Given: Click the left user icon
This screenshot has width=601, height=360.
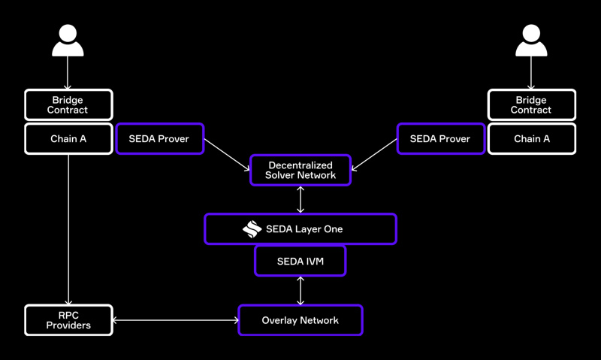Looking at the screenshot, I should pyautogui.click(x=68, y=41).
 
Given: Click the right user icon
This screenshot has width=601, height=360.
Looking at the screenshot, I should pyautogui.click(x=531, y=41).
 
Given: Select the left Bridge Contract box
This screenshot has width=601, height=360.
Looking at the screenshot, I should pyautogui.click(x=68, y=105).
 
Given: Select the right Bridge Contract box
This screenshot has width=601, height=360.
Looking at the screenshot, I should pyautogui.click(x=531, y=105).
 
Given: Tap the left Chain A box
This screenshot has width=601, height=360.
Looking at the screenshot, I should pyautogui.click(x=68, y=139).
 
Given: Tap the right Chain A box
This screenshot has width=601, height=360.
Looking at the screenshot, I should pyautogui.click(x=531, y=139).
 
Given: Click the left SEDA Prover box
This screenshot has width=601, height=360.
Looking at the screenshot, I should pyautogui.click(x=159, y=139).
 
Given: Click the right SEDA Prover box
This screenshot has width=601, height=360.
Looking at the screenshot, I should pyautogui.click(x=440, y=139).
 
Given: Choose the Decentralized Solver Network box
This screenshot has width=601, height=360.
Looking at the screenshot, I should pyautogui.click(x=300, y=171).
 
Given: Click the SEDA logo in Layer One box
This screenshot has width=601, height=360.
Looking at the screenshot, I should pyautogui.click(x=252, y=229).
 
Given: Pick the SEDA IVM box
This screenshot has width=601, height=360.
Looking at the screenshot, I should pyautogui.click(x=300, y=261).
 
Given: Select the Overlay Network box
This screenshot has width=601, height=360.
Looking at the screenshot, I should pyautogui.click(x=300, y=320).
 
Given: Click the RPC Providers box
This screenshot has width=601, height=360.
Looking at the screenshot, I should pyautogui.click(x=68, y=320).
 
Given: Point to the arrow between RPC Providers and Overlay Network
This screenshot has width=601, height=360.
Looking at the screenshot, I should pyautogui.click(x=175, y=320).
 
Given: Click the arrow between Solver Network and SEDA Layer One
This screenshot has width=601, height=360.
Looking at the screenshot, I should pyautogui.click(x=300, y=200).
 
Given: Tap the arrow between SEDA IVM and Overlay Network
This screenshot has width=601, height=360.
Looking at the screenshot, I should pyautogui.click(x=300, y=290).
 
